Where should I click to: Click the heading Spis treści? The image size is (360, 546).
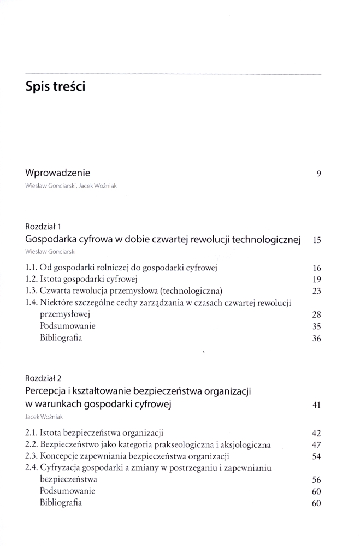[x=55, y=86]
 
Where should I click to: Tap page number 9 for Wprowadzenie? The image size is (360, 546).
[x=318, y=174]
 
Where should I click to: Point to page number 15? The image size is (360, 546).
[x=316, y=240]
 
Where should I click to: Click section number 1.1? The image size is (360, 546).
[x=32, y=268]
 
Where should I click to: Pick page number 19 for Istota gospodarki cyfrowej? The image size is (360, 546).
[x=316, y=279]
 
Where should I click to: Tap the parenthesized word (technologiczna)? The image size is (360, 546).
[x=188, y=290]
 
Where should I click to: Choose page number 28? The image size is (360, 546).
[x=316, y=314]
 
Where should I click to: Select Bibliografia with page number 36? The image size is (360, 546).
[x=61, y=338]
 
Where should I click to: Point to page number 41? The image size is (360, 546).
[x=316, y=405]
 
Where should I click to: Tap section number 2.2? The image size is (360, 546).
[x=32, y=444]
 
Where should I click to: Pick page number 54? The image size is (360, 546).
[x=316, y=456]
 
